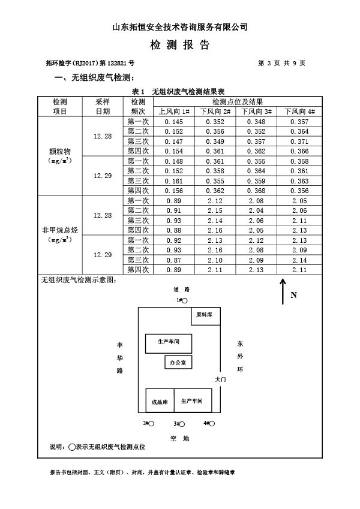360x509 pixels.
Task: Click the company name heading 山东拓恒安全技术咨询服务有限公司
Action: pyautogui.click(x=180, y=27)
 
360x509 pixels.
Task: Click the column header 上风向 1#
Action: pyautogui.click(x=174, y=112)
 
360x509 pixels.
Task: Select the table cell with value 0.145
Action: pyautogui.click(x=174, y=122)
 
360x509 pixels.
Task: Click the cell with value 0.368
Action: pyautogui.click(x=257, y=191)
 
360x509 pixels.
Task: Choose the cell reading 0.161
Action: pyautogui.click(x=174, y=181)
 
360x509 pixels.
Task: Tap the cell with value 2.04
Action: pyautogui.click(x=257, y=210)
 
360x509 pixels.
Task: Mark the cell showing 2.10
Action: pyautogui.click(x=215, y=260)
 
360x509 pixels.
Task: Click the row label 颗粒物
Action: pyautogui.click(x=59, y=151)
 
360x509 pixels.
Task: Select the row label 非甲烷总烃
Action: pyautogui.click(x=59, y=230)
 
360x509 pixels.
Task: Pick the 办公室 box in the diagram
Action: pyautogui.click(x=179, y=363)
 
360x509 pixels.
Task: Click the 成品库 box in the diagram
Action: pyautogui.click(x=160, y=400)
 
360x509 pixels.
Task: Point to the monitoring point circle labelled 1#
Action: pyautogui.click(x=185, y=300)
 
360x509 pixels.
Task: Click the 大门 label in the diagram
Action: pyautogui.click(x=220, y=380)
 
